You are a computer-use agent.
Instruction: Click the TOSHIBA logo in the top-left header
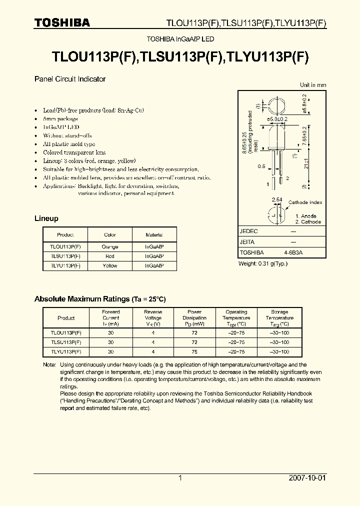pos(62,23)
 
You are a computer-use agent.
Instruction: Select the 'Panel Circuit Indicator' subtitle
pos(70,79)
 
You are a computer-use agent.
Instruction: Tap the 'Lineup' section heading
pos(46,218)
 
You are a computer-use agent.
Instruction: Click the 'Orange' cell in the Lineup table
pos(110,246)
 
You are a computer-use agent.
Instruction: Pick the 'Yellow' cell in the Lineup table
pos(110,265)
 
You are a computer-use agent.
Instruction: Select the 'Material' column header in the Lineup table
pos(154,234)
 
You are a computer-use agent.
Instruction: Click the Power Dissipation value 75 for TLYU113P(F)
pos(194,351)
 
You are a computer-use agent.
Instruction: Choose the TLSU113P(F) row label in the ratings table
pos(66,342)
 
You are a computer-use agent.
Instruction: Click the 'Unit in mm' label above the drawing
pos(313,85)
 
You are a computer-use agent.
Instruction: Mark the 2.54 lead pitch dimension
pos(276,200)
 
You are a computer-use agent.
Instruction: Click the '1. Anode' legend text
pos(305,216)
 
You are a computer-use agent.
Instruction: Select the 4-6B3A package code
pos(293,253)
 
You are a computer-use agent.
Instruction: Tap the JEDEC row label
pos(249,231)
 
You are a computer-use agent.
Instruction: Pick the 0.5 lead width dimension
pos(261,166)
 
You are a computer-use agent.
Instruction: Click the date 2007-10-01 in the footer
pos(307,478)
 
